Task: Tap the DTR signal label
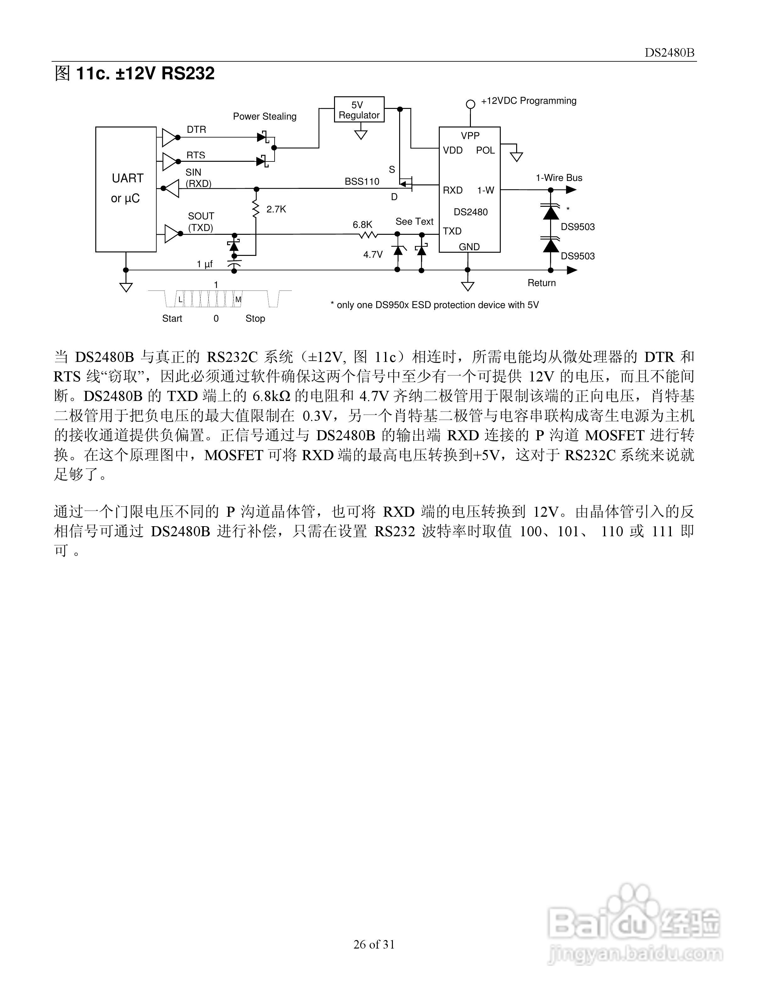[196, 130]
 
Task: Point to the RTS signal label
[196, 155]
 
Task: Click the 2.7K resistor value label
[276, 209]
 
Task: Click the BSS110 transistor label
[362, 182]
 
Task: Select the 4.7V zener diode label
[373, 254]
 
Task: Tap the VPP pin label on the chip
[470, 136]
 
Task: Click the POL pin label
[485, 150]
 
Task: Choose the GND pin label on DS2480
[469, 247]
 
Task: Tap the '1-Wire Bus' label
[559, 177]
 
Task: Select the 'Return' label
[541, 283]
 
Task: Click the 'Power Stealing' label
[265, 116]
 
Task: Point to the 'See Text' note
[414, 222]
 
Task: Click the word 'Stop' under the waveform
[255, 318]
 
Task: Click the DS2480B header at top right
[669, 53]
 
